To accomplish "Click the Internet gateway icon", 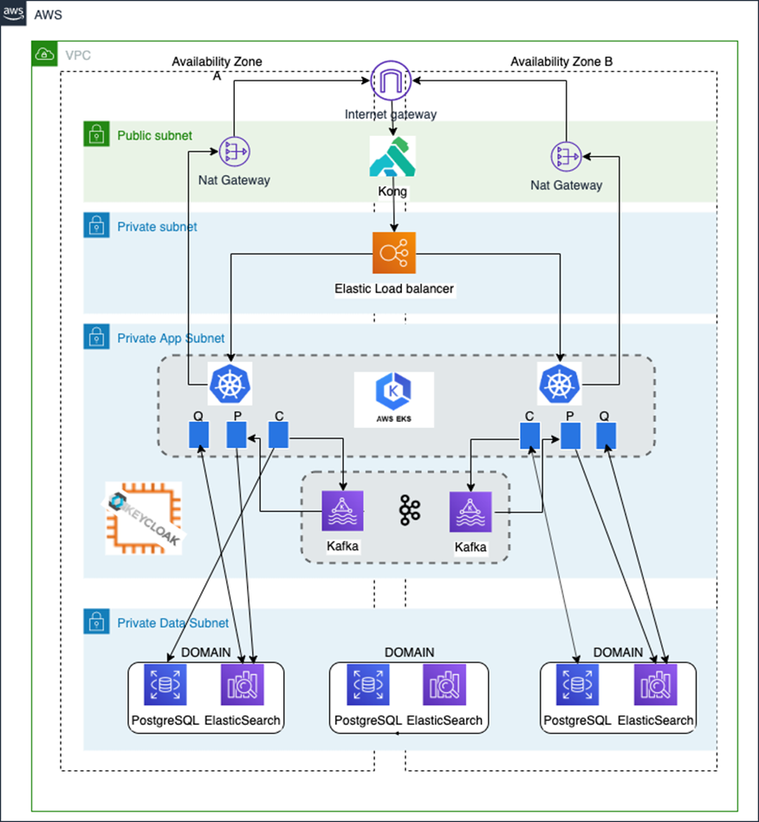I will click(391, 81).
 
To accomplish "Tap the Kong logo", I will click(392, 158).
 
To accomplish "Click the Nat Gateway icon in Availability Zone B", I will click(566, 157).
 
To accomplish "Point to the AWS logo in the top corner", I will click(14, 15).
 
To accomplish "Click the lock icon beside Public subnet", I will click(95, 134).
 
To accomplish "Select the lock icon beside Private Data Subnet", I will click(95, 621).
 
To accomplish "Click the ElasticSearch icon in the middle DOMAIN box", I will click(444, 686).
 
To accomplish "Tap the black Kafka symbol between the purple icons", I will click(409, 511).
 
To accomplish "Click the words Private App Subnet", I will click(171, 339).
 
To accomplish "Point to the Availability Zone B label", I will click(561, 61).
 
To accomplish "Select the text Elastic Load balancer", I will click(394, 288).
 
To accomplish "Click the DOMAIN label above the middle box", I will click(409, 652).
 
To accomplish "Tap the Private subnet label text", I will click(157, 227).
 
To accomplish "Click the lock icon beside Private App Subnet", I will click(95, 338).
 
